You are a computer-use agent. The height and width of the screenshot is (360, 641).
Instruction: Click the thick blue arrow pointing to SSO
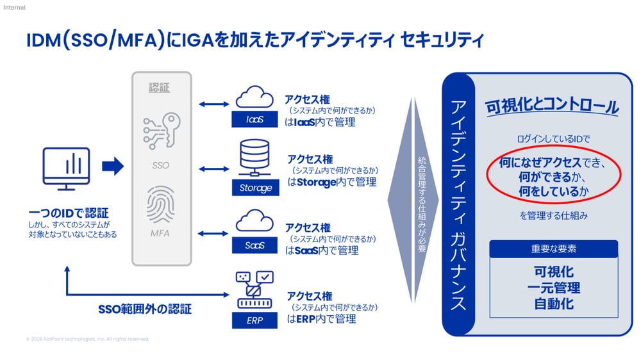coord(112,168)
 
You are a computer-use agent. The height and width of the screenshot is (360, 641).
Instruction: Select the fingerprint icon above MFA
coord(160,204)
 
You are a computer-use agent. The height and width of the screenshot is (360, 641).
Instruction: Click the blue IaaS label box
coord(254,120)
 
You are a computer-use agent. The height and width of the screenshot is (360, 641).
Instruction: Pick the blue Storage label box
coord(254,188)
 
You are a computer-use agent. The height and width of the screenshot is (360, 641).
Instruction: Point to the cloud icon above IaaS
coord(254,97)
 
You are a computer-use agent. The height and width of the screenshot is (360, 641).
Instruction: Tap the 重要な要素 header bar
coord(553,249)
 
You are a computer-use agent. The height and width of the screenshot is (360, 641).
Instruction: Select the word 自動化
coord(553,303)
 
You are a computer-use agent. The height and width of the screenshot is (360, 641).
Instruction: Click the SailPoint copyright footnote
coord(87,339)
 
